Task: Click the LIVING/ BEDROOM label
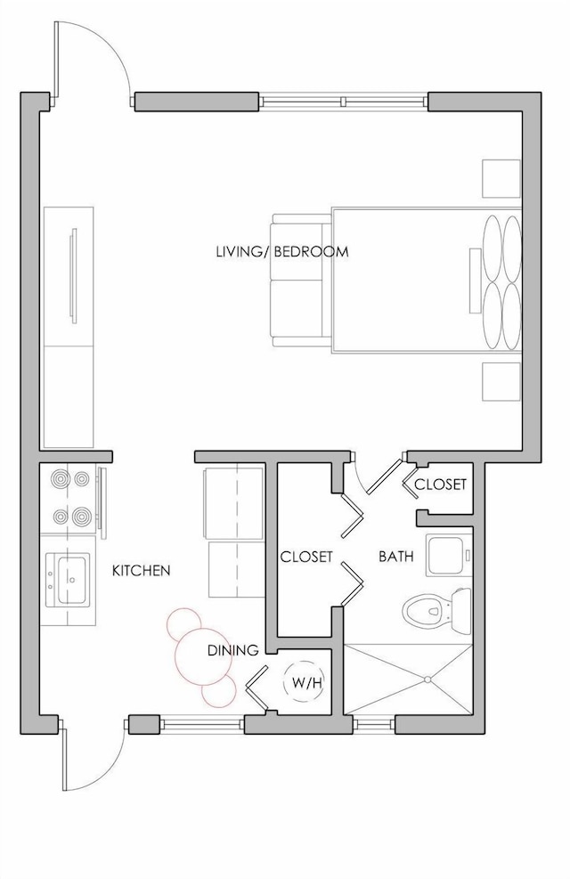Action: tap(282, 252)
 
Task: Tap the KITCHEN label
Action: tap(142, 571)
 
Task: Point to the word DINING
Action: tap(233, 650)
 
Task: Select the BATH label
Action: tap(396, 557)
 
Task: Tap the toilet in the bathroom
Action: tap(437, 612)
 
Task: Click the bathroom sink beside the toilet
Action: tap(449, 555)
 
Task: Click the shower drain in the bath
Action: tap(427, 680)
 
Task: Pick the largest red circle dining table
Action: tap(200, 656)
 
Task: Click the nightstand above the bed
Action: tap(501, 178)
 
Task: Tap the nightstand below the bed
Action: tap(501, 382)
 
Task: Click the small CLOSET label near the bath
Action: tap(440, 484)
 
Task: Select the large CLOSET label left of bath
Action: tap(306, 557)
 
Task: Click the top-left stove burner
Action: tap(58, 479)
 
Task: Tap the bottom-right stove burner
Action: tap(81, 515)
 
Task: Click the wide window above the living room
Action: tap(344, 102)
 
